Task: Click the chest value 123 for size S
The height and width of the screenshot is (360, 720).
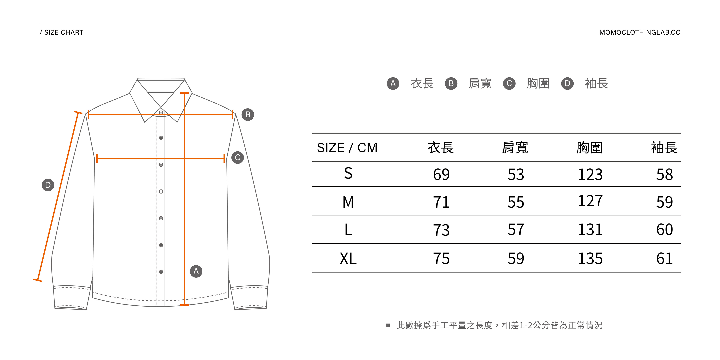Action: click(x=590, y=175)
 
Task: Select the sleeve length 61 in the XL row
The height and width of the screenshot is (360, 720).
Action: click(x=664, y=259)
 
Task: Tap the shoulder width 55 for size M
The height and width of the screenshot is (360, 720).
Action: click(x=516, y=202)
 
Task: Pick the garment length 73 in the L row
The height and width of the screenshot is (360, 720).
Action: click(x=441, y=230)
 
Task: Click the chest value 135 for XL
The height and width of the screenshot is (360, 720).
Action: click(x=590, y=259)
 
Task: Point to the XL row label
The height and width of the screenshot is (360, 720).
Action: click(x=348, y=259)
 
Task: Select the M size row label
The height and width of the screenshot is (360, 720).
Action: click(x=348, y=202)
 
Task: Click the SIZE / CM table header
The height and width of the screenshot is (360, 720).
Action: click(x=347, y=148)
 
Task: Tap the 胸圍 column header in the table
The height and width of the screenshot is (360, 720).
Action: click(x=589, y=148)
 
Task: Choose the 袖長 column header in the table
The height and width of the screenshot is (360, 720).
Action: click(x=664, y=148)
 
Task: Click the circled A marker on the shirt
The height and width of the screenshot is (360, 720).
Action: click(x=196, y=271)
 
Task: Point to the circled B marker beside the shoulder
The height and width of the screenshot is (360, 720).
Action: click(x=248, y=115)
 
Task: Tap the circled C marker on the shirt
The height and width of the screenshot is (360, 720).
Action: click(x=238, y=158)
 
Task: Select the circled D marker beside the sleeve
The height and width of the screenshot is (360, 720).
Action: click(x=48, y=185)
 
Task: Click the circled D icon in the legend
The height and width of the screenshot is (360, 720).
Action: click(x=567, y=84)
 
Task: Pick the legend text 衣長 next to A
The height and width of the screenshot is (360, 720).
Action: click(x=422, y=84)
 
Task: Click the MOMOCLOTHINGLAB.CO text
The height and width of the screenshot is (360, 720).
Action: click(x=640, y=33)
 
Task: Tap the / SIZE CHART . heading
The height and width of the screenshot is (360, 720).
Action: click(x=63, y=33)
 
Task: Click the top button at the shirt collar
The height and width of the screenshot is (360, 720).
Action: click(x=161, y=112)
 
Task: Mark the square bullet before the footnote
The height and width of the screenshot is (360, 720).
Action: click(x=388, y=325)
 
